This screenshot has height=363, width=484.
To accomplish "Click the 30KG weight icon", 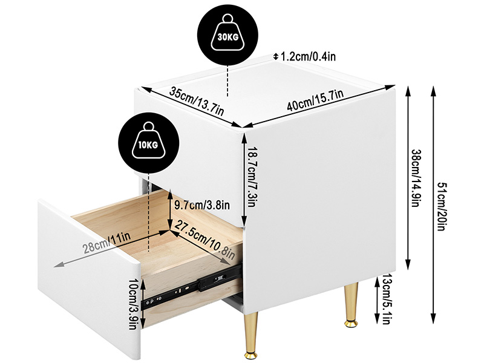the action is [x=227, y=35].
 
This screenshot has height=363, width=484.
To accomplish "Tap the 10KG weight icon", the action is [x=149, y=142].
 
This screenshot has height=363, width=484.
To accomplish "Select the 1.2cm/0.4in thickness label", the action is [x=308, y=56].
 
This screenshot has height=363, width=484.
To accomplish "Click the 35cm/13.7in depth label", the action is [x=197, y=101].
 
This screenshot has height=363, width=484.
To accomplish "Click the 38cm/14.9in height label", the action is [x=417, y=178].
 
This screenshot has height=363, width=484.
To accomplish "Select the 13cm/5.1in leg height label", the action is [x=386, y=299].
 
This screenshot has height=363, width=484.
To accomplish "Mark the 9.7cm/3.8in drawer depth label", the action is [x=202, y=204].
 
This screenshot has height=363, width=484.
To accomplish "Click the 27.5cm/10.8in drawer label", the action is [x=205, y=240].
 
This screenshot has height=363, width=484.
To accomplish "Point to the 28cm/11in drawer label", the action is [x=107, y=243].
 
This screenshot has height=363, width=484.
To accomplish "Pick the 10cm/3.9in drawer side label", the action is [x=132, y=304].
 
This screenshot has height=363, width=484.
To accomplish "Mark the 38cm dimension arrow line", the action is [x=408, y=178].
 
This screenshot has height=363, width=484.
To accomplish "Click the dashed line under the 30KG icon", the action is [x=227, y=81].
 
